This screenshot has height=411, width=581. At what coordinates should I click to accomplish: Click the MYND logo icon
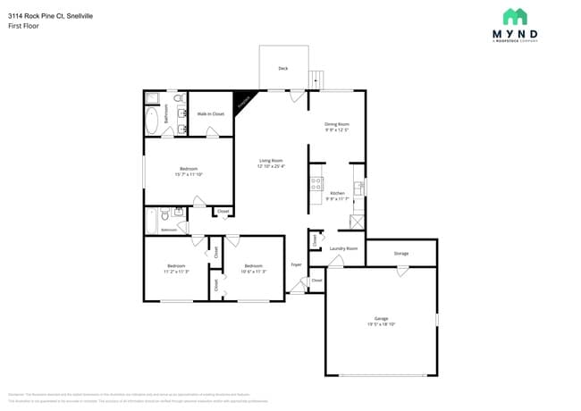point(515,16)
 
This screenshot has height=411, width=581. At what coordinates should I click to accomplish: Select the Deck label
point(283,68)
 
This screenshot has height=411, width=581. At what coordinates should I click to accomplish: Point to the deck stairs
point(316,80)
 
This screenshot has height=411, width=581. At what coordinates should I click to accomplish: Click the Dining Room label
point(336,123)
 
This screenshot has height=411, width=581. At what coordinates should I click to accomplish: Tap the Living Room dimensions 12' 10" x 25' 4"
point(271,166)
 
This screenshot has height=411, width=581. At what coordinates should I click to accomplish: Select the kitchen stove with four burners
point(316,184)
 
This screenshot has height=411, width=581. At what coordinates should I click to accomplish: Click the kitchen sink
point(358,188)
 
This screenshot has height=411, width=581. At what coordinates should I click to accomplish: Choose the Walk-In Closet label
point(210,114)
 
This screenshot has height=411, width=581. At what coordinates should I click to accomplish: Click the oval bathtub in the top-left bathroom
point(151,120)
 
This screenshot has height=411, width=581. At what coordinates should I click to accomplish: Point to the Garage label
point(381,318)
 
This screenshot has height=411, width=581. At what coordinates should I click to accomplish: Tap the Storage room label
point(401,253)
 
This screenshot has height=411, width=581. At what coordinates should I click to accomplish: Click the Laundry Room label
point(343,248)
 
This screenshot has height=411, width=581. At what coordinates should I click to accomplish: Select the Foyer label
point(296,265)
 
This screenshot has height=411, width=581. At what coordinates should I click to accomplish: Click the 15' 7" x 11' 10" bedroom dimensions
point(189,174)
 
